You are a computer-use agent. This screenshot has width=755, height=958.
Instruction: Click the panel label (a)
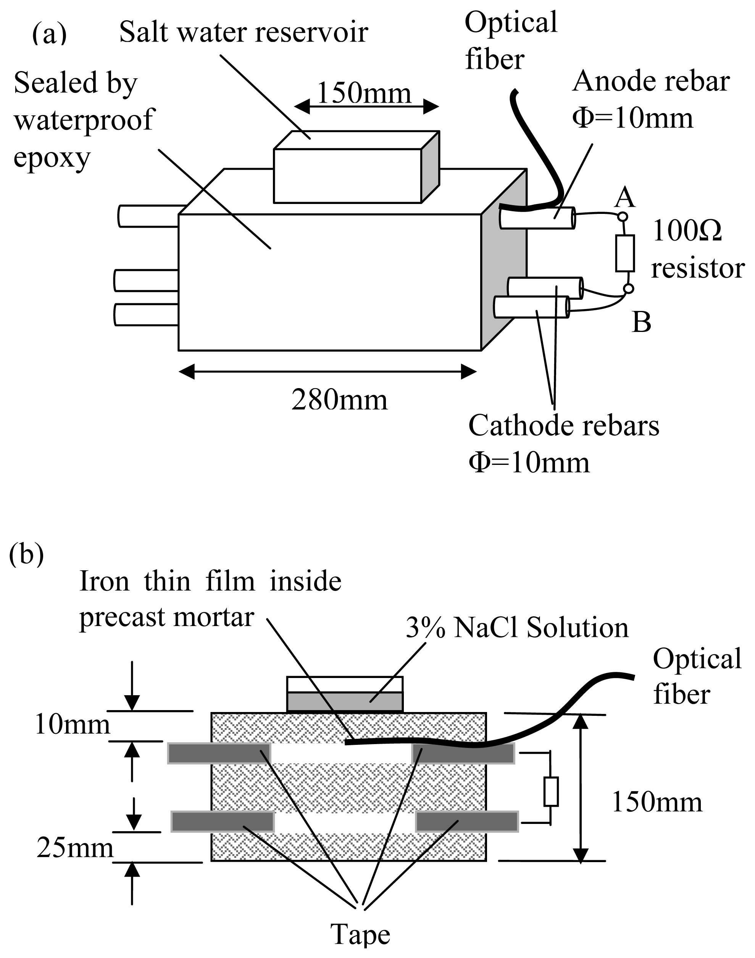[x=50, y=34]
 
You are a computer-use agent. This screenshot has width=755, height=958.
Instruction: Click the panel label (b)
[x=26, y=554]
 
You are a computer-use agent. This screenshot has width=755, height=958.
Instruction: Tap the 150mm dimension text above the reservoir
[x=364, y=93]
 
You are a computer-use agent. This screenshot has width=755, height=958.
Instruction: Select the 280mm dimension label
[x=339, y=400]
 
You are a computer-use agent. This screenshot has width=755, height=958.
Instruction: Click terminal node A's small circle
[x=623, y=217]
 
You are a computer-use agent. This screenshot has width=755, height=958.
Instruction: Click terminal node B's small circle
[x=628, y=289]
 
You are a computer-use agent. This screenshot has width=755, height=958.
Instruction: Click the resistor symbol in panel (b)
[x=551, y=791]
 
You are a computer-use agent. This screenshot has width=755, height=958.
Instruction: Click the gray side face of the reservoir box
[x=430, y=167]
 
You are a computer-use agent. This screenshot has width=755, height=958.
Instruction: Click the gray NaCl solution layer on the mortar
[x=344, y=701]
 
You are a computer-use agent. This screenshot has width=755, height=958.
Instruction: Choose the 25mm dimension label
[x=75, y=848]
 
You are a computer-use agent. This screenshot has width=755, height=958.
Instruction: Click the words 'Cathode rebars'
[x=564, y=426]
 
